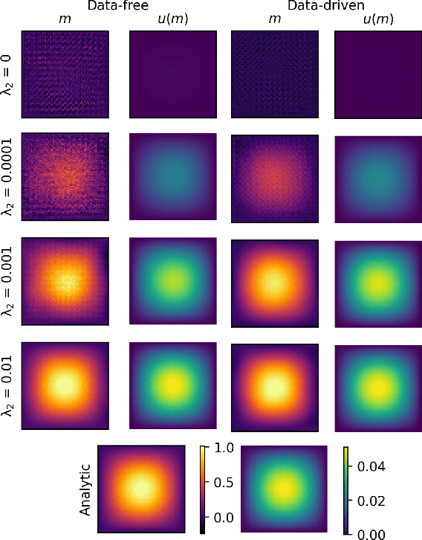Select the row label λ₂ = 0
(10, 74)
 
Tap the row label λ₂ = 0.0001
(10, 177)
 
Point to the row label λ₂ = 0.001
(10, 283)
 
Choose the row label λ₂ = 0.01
(10, 387)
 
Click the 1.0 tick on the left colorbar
(223, 448)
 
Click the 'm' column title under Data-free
(65, 21)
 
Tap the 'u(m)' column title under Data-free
(172, 21)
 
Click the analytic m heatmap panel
(140, 489)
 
